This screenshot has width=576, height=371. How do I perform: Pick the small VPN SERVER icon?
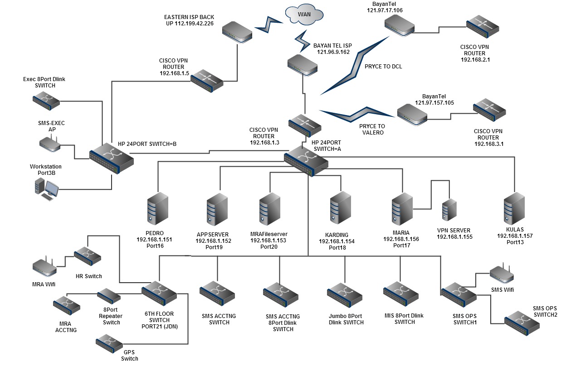(449, 209)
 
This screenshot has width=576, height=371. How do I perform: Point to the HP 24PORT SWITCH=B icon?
(112, 158)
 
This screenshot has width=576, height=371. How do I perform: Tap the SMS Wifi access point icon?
(502, 273)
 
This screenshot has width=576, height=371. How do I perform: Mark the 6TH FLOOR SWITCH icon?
(159, 293)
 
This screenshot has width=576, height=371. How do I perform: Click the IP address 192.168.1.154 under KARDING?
(337, 241)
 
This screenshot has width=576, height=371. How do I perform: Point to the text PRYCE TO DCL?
(383, 66)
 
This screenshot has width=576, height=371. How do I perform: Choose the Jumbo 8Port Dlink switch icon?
(345, 294)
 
